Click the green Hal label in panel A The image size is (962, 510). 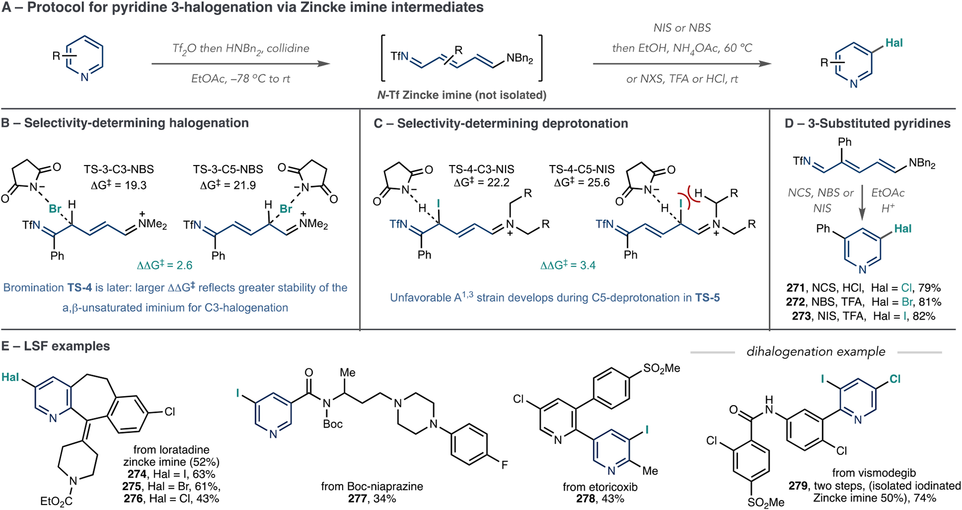[x=894, y=43]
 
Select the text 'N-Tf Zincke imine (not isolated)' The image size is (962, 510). [x=461, y=95]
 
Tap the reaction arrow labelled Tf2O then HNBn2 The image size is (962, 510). [x=241, y=64]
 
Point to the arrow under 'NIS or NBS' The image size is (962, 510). [x=681, y=64]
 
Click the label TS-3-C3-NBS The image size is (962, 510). [x=119, y=169]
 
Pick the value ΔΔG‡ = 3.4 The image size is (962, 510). [x=568, y=265]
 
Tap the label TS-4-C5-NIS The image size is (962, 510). [x=582, y=169]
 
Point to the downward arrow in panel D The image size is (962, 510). [x=862, y=203]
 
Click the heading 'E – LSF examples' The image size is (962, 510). [x=56, y=346]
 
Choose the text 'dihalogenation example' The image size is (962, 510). [x=816, y=352]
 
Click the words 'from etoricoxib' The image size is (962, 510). [x=600, y=486]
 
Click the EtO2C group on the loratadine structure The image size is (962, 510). [x=56, y=501]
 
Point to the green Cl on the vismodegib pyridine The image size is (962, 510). [x=895, y=379]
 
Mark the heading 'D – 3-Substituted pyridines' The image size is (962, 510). [x=867, y=123]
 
